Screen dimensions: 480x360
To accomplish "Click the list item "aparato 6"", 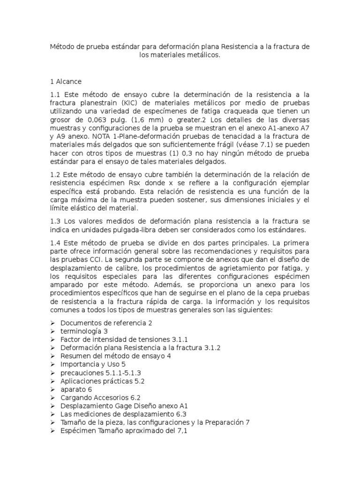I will coord(76,390).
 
